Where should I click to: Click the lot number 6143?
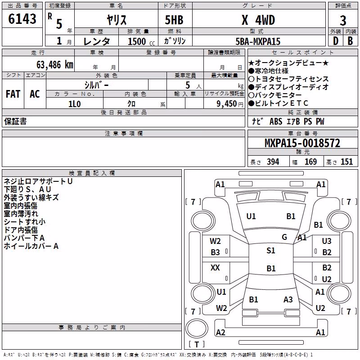click(x=22, y=19)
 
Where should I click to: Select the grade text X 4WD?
click(x=258, y=20)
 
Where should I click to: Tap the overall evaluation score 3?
click(x=343, y=21)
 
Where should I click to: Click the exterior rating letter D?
click(x=336, y=41)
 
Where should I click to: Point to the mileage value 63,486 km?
click(x=55, y=65)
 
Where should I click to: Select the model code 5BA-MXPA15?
click(x=258, y=41)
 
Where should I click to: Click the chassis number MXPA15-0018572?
click(x=302, y=143)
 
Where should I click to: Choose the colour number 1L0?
click(x=74, y=104)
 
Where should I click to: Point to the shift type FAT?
click(x=13, y=94)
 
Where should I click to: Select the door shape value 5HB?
click(x=174, y=20)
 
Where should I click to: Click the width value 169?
click(x=310, y=162)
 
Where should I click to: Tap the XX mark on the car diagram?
click(x=215, y=267)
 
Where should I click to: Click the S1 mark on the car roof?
click(x=271, y=250)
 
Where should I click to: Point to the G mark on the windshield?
click(x=284, y=237)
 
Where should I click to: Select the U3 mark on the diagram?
click(x=327, y=241)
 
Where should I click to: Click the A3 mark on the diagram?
click(x=288, y=299)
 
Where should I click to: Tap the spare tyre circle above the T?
click(x=197, y=328)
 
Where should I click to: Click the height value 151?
click(x=346, y=162)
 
